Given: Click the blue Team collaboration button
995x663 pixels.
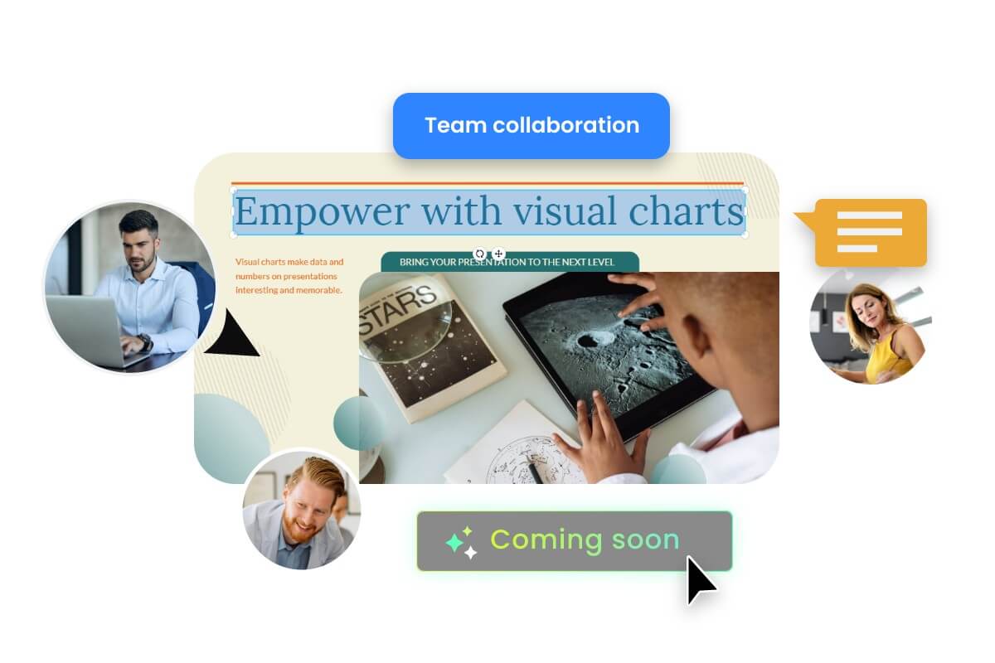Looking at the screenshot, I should click(531, 126).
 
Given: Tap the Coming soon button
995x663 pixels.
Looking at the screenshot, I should click(574, 540).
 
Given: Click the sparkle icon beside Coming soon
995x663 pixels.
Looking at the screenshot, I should click(460, 542).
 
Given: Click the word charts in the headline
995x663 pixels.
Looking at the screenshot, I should click(686, 211).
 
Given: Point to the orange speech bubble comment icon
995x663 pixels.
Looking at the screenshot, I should click(869, 232).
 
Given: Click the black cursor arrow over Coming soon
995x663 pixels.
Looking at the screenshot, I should click(700, 578).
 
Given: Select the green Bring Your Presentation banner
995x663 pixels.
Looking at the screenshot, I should click(509, 262).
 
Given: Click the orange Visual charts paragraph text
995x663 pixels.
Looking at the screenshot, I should click(289, 276).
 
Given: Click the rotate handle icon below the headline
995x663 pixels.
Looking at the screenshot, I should click(479, 254).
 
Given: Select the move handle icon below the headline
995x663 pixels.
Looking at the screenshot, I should click(498, 254).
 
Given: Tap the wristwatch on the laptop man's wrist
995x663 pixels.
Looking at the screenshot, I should click(146, 341).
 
